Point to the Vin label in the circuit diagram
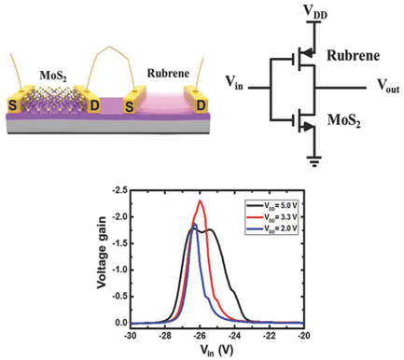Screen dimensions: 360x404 233,83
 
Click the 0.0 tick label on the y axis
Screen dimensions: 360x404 118,323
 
